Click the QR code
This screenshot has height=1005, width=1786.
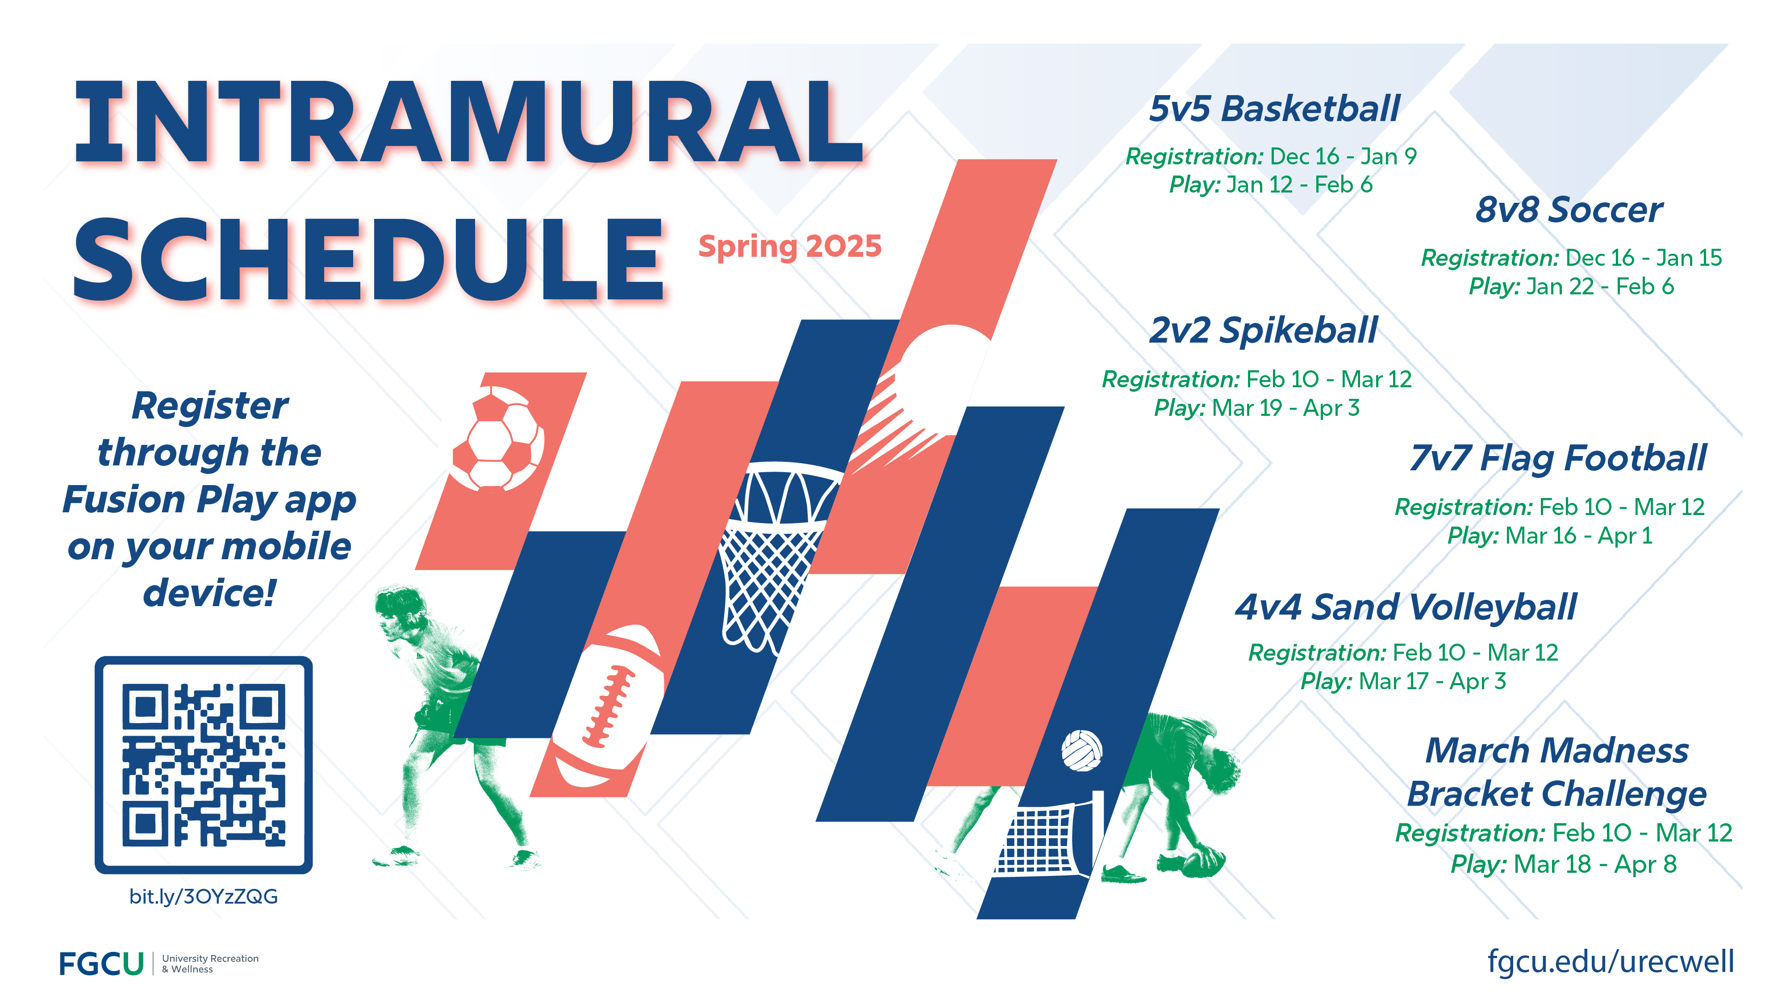203,765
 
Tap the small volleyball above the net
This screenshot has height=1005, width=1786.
1081,750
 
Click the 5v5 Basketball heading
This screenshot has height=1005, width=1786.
1274,109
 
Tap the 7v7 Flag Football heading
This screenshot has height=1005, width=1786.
1557,458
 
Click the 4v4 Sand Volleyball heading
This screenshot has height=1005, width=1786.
1406,607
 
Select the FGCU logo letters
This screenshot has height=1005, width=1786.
101,963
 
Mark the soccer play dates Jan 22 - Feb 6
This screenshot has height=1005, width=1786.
1599,286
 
